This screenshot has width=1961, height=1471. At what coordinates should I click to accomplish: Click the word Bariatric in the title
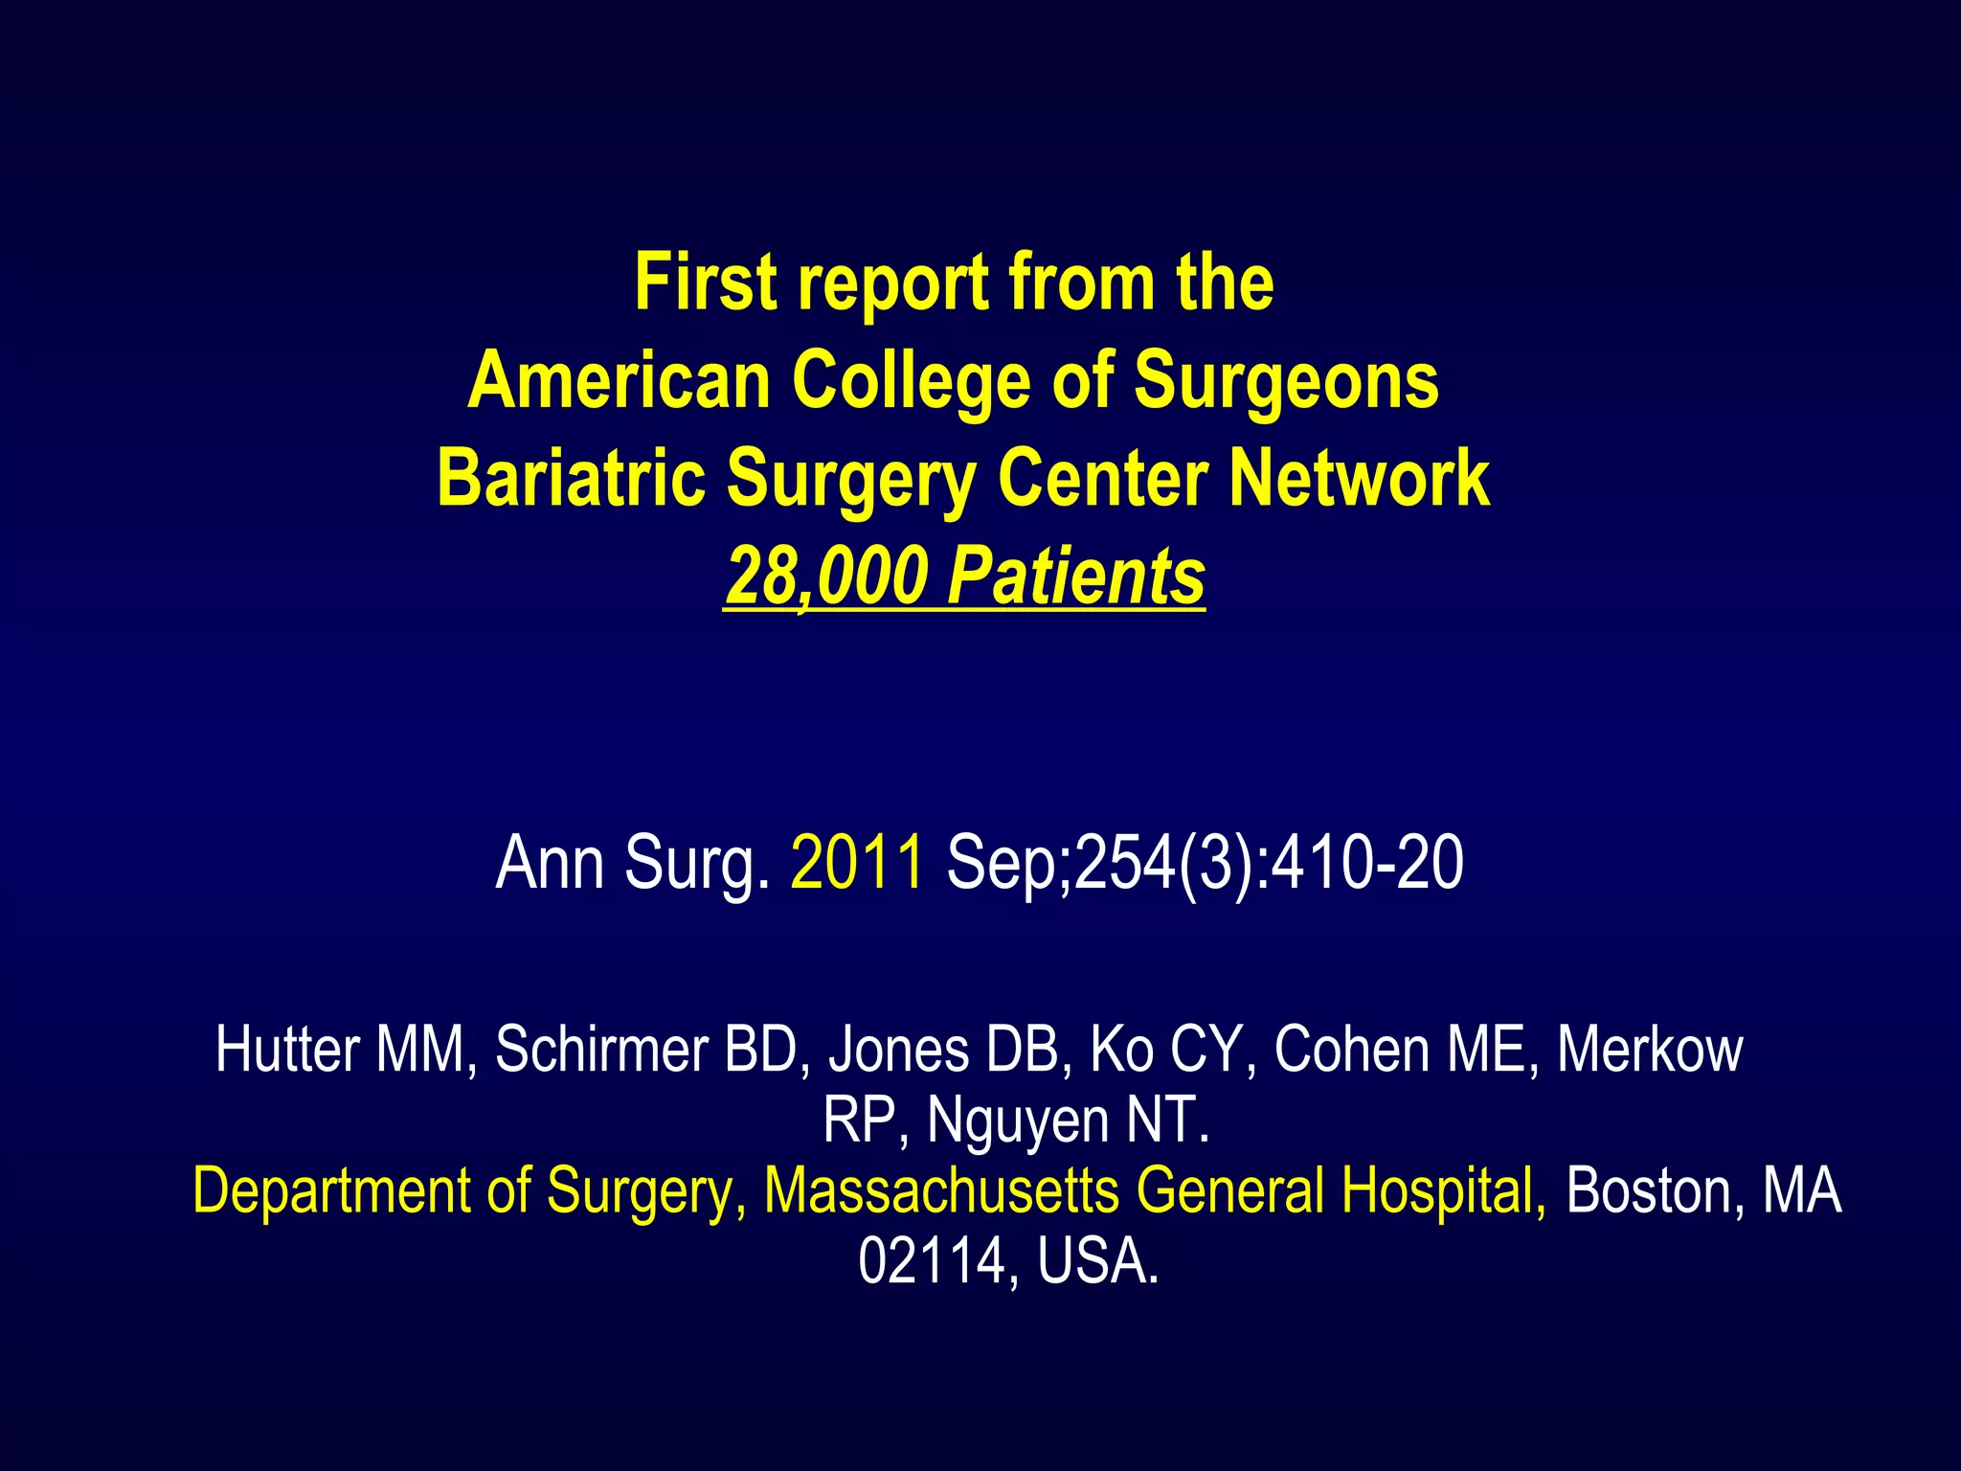572,478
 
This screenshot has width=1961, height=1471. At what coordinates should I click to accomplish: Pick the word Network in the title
1360,478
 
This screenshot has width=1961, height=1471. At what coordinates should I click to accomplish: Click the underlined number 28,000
826,577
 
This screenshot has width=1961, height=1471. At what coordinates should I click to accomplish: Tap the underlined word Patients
1076,577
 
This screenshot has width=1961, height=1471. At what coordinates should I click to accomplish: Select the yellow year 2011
857,863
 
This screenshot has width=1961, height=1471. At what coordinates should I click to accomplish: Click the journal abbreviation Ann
550,863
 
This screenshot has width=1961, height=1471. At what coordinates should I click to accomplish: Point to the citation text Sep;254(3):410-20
1205,863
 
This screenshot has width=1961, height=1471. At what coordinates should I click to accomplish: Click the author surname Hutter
287,1050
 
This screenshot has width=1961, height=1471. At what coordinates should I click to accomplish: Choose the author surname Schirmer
601,1050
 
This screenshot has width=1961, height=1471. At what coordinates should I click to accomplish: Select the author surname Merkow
1650,1050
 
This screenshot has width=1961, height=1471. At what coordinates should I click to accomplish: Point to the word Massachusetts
941,1191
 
